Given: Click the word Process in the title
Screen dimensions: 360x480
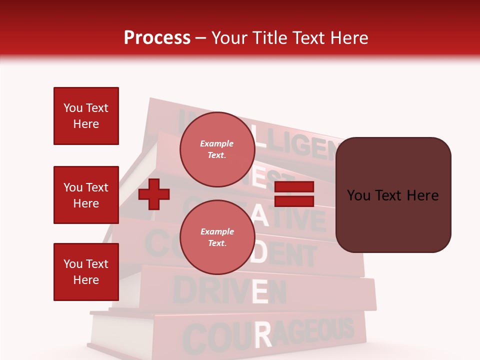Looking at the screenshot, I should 157,37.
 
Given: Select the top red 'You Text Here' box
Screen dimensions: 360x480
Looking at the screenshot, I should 86,116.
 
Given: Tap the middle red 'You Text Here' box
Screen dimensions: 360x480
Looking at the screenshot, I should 86,195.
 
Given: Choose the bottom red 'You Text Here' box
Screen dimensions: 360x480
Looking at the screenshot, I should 86,271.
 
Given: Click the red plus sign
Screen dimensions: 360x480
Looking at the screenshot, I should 154,194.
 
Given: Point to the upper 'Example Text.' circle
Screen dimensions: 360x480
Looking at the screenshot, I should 217,149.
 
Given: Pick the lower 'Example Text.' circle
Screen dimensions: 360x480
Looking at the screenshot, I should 217,237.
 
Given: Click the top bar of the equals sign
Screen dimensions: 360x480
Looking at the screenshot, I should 294,187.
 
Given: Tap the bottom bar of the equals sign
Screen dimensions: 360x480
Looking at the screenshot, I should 294,201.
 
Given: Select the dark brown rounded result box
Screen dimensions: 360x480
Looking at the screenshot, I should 393,195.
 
